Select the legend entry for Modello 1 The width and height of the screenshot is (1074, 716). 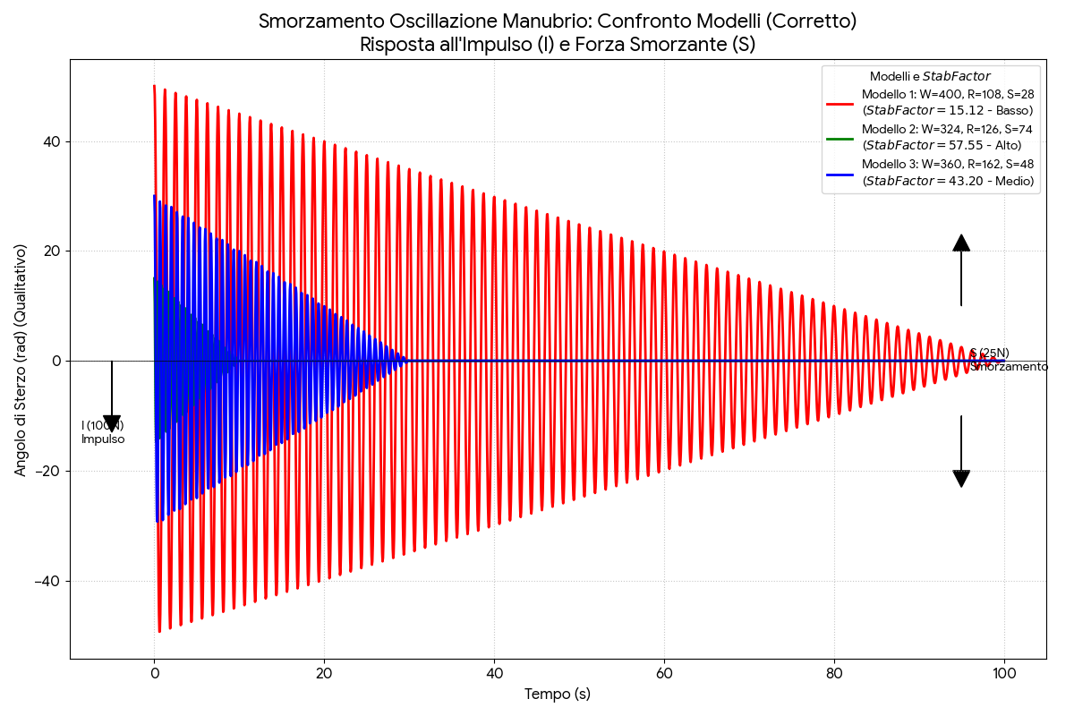[x=948, y=102]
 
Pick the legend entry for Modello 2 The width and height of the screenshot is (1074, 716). [x=947, y=137]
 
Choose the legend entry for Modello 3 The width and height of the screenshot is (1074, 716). [x=948, y=172]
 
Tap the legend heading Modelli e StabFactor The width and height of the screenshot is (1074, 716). [x=930, y=77]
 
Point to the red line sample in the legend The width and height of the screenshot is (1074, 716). [x=840, y=103]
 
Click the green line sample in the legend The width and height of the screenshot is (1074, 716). [x=840, y=138]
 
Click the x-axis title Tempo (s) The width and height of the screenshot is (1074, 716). [x=558, y=694]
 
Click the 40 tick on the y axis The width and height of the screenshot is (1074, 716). [x=50, y=141]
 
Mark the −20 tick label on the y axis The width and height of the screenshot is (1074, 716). [x=47, y=471]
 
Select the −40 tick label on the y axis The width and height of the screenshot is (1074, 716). [x=47, y=581]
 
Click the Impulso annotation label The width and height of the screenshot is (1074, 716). [x=103, y=439]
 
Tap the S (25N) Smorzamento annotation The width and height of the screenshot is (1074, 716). [x=1009, y=360]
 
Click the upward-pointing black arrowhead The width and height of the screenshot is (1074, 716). [x=961, y=243]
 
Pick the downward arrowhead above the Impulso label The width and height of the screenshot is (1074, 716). [x=112, y=423]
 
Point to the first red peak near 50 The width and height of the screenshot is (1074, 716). [x=154, y=87]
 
